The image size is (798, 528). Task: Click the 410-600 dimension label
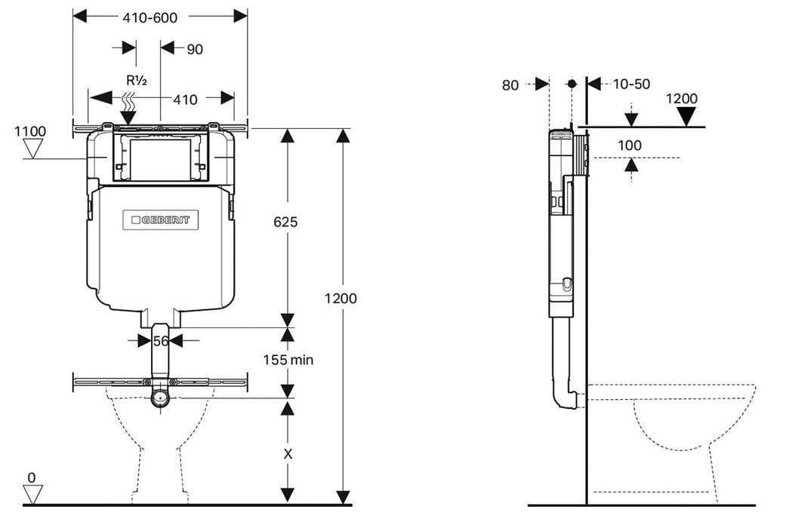(x=149, y=18)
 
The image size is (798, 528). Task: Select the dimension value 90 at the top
(x=194, y=49)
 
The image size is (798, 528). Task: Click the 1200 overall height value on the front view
(x=340, y=298)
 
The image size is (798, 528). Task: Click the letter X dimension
(x=286, y=455)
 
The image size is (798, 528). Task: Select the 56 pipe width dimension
(x=160, y=341)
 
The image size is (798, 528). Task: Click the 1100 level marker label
(x=30, y=131)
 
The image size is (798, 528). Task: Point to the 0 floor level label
(x=31, y=477)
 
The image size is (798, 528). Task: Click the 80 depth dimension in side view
(x=510, y=85)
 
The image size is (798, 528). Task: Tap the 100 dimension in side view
(x=629, y=145)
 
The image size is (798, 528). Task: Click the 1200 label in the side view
(x=681, y=99)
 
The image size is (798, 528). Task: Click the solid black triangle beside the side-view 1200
(x=686, y=116)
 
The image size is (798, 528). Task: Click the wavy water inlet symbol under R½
(x=129, y=98)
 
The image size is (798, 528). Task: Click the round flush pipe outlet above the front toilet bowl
(x=160, y=398)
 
